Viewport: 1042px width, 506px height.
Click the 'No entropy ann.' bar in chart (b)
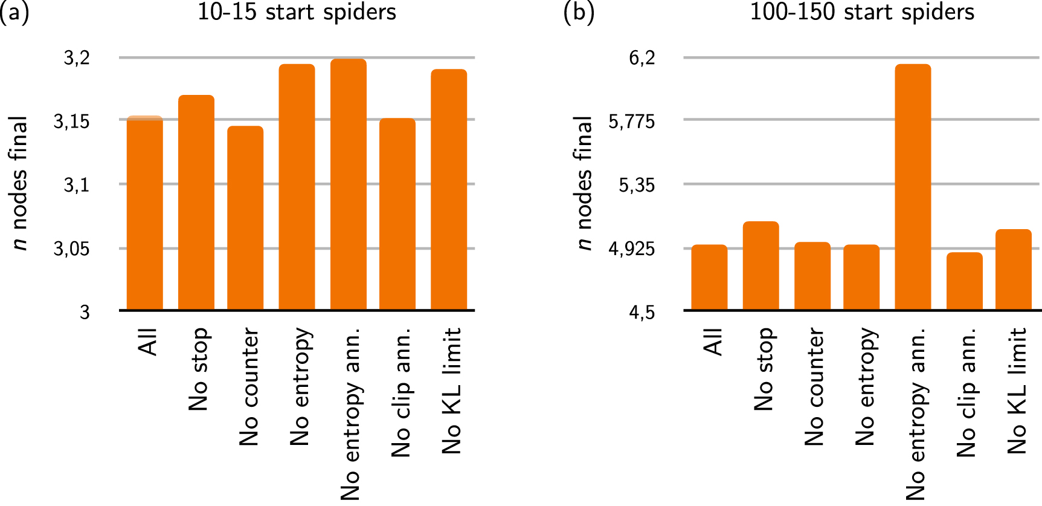913,187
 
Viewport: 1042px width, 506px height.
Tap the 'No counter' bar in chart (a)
245,218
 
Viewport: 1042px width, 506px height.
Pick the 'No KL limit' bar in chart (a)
449,190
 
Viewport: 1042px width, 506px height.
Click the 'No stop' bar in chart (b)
761,266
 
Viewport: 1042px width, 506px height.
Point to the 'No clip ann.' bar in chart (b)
964,281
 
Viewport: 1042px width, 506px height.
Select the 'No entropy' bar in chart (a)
297,187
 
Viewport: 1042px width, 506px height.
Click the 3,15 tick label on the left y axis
71,122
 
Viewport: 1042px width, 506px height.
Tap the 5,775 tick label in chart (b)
631,122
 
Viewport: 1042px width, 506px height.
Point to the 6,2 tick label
642,58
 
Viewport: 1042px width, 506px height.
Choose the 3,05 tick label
71,248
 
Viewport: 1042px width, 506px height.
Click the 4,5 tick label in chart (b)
642,312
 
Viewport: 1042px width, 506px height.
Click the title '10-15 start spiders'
297,12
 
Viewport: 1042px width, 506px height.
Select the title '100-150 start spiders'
862,12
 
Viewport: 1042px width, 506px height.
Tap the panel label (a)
14,12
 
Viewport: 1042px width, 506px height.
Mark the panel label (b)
579,12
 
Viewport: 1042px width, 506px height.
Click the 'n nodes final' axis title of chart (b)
584,183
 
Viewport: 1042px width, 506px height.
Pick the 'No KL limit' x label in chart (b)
1017,391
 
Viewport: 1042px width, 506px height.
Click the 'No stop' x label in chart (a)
198,369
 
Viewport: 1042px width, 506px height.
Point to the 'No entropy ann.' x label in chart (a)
350,414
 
